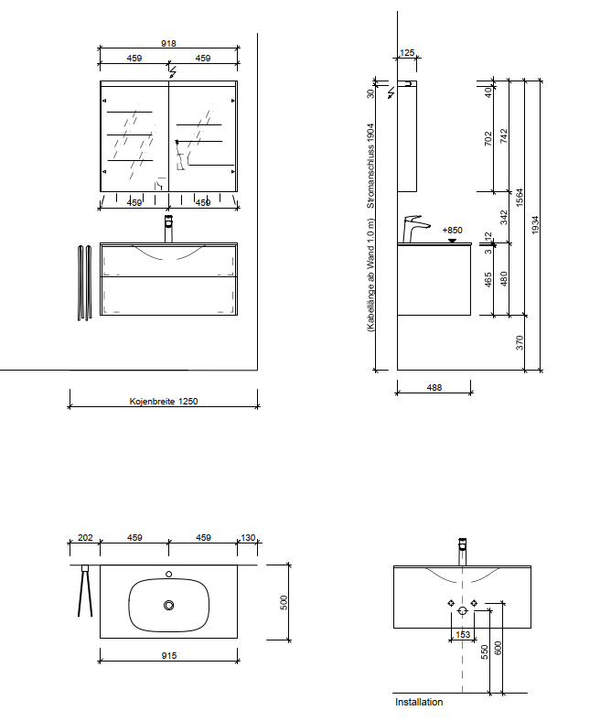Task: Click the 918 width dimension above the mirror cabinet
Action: [168, 44]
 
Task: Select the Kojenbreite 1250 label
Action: [164, 402]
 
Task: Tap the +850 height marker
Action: [453, 230]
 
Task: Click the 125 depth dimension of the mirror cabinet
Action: [407, 53]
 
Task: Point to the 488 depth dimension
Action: [434, 388]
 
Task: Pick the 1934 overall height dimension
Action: [535, 225]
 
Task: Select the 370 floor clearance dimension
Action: [520, 342]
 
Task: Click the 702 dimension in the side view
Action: [488, 138]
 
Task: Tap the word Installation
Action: [419, 702]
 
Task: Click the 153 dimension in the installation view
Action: [463, 635]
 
